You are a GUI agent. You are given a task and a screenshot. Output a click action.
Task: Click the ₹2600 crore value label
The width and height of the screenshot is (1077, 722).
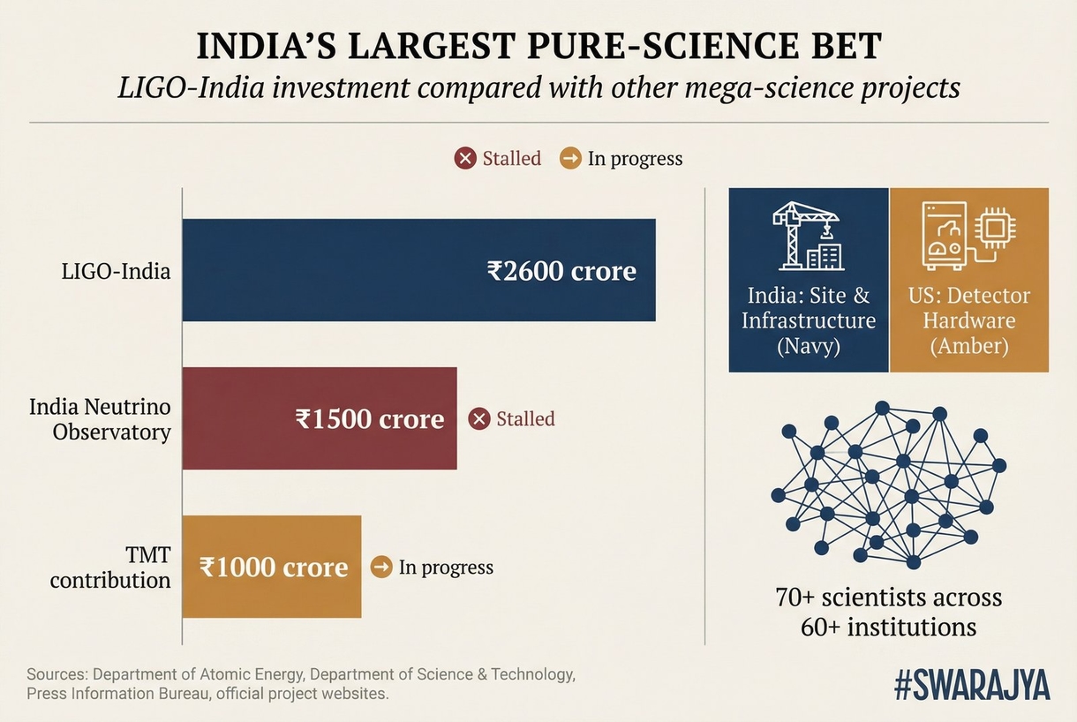pos(561,270)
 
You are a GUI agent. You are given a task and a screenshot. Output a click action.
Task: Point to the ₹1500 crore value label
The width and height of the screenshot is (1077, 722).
pos(370,418)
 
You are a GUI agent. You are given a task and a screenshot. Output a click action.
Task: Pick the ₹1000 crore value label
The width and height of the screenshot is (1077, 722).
pos(274,567)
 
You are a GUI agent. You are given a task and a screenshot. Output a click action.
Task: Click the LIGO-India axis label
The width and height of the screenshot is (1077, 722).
pos(116,270)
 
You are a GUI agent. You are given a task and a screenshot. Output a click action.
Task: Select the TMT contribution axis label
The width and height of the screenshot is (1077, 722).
pos(110,567)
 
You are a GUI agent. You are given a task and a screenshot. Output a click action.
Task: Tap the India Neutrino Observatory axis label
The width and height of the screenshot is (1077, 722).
pos(100,419)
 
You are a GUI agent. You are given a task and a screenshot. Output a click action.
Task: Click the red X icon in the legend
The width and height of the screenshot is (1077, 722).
pos(465,159)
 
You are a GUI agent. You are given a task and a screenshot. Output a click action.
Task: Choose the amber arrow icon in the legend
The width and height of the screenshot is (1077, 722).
pos(570,159)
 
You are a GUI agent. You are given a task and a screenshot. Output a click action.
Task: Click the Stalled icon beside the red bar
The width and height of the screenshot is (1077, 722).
pos(479,418)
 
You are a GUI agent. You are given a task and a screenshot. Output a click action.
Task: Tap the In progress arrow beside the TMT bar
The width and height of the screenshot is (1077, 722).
pos(381,567)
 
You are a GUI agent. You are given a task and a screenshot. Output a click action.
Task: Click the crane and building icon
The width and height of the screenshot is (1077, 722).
pos(808,236)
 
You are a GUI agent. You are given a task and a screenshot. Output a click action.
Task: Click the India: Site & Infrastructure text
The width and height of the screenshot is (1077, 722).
pos(809,320)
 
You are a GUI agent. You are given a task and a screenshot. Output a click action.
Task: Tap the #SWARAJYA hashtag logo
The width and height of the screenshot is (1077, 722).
pos(972,686)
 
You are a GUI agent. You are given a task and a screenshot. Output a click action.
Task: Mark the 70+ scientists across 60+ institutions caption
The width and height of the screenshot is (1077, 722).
pos(888,612)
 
